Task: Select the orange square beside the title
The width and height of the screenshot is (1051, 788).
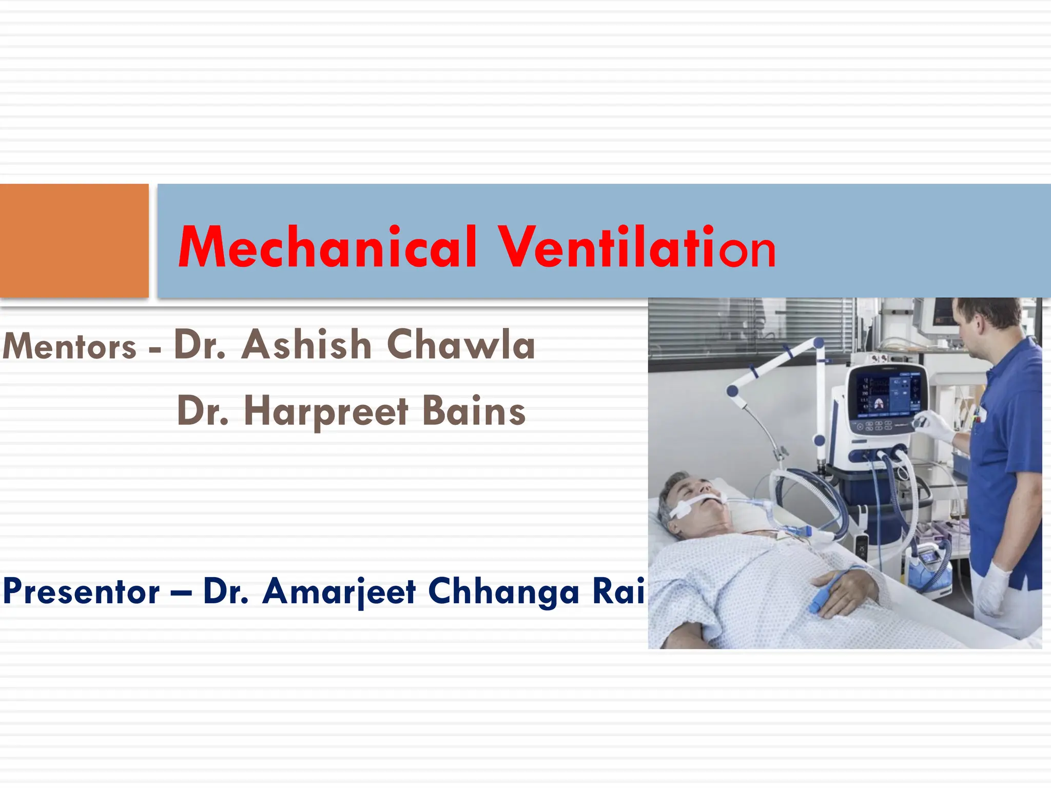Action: click(74, 240)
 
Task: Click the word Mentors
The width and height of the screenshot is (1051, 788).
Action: click(69, 346)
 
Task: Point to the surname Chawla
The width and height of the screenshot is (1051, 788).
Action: click(461, 344)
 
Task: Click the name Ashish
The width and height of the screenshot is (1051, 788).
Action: click(306, 344)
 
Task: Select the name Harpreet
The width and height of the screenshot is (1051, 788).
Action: click(326, 411)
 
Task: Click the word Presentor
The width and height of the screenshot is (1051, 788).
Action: click(81, 592)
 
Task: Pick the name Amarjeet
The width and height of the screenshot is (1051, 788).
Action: click(339, 592)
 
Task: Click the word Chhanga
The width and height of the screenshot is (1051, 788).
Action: click(503, 592)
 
